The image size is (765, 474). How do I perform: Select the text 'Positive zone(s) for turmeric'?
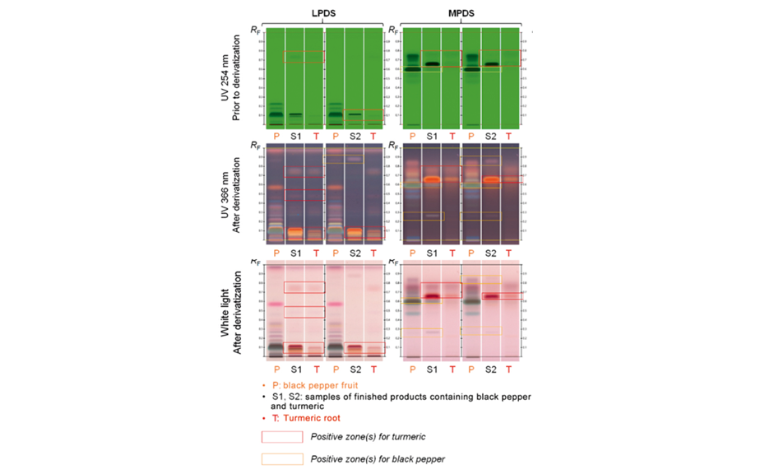[367, 436]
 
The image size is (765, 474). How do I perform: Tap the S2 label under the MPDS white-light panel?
[491, 369]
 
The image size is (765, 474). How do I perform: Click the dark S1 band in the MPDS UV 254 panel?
[433, 63]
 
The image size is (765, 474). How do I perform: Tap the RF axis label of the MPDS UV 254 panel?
[394, 30]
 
